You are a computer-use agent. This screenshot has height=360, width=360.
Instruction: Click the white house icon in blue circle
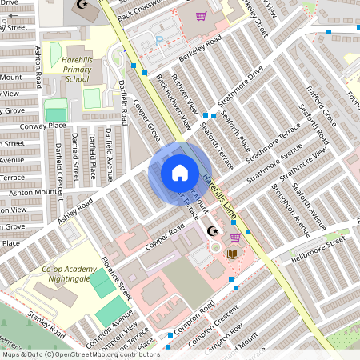tap(180, 172)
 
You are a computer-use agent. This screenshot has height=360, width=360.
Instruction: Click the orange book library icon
tap(232, 254)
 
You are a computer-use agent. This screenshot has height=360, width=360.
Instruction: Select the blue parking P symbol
tap(159, 38)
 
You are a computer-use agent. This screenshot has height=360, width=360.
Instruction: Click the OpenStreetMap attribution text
tap(80, 354)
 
